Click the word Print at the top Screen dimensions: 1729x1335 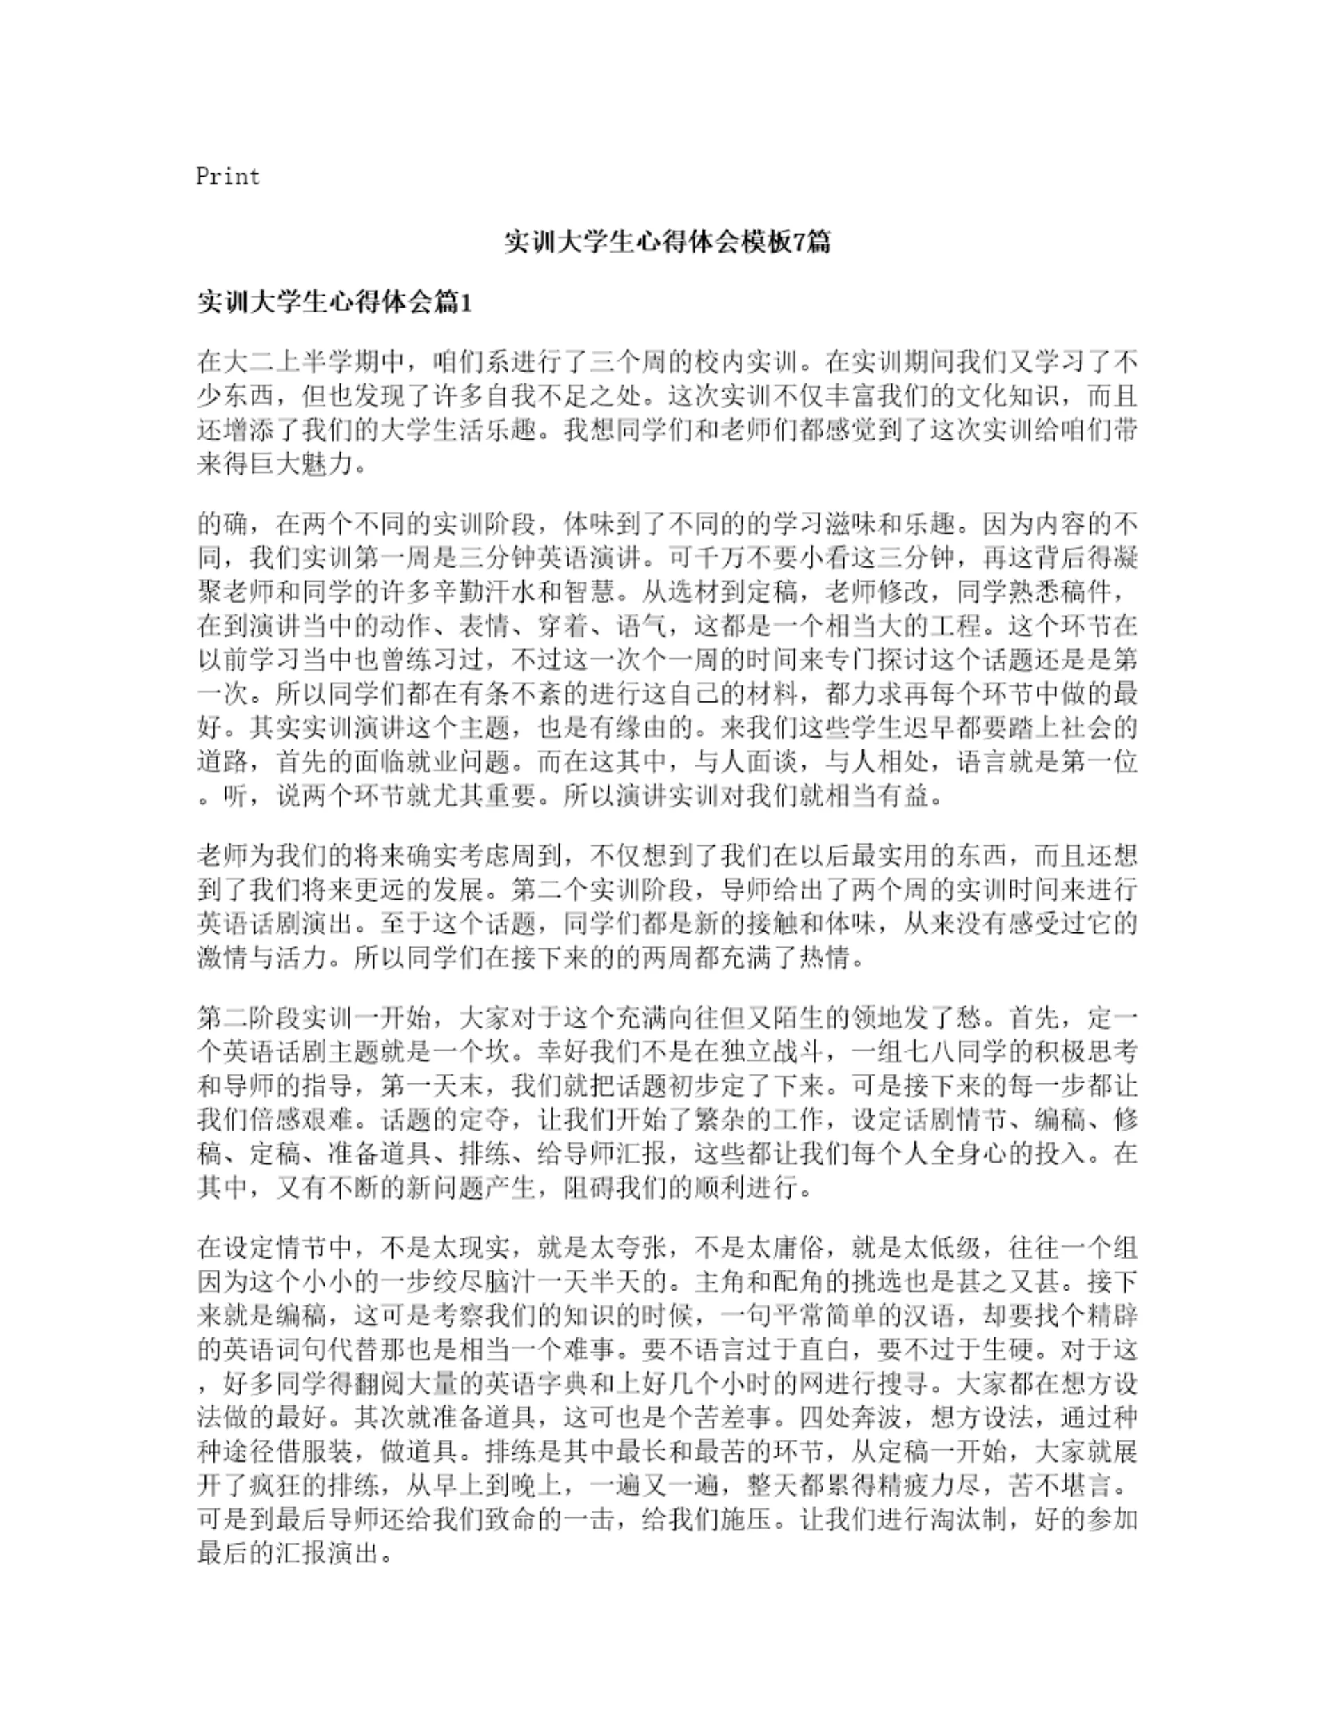pyautogui.click(x=228, y=176)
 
